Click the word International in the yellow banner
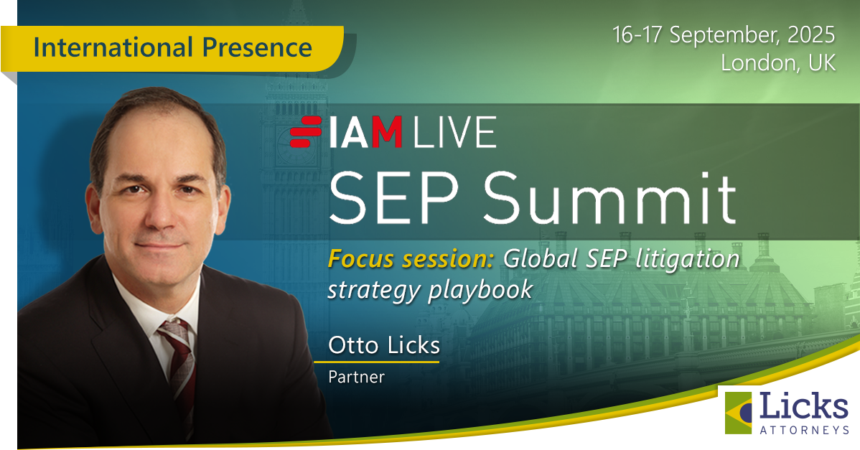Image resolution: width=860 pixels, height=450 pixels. pos(113,47)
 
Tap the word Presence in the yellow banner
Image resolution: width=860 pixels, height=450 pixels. pos(257,47)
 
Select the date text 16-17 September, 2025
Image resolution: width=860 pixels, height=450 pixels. pos(724,36)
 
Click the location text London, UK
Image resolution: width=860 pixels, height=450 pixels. pos(777,63)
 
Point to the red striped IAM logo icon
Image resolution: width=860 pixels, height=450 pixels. pos(306,132)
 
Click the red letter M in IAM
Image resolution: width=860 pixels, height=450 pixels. pos(387,133)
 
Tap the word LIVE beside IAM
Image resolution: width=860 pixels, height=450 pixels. pos(454,133)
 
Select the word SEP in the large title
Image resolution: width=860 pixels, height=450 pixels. pos(393,198)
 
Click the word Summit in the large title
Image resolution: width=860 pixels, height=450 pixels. pos(609,198)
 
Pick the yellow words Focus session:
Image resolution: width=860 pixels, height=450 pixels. pos(411,258)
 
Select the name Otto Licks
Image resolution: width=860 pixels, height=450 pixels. pos(384,346)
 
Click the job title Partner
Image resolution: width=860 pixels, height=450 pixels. pos(356,377)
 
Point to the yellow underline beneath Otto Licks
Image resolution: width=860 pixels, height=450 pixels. pos(377,362)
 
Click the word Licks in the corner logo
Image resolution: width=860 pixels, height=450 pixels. pos(803,408)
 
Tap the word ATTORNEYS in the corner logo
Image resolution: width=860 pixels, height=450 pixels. pos(804,431)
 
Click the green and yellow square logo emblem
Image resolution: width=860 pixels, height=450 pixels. pos(738,412)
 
